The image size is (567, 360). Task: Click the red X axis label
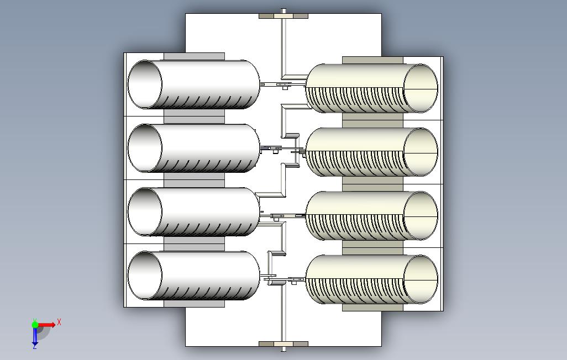pyautogui.click(x=59, y=322)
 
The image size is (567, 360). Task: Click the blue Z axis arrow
pyautogui.click(x=35, y=336)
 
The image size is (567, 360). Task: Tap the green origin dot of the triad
pyautogui.click(x=35, y=325)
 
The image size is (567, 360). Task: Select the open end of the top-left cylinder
pyautogui.click(x=145, y=84)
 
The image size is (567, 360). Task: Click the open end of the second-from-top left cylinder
pyautogui.click(x=145, y=148)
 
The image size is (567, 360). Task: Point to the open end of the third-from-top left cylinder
pyautogui.click(x=145, y=212)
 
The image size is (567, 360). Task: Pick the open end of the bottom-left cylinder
pyautogui.click(x=145, y=276)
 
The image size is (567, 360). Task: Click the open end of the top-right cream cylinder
pyautogui.click(x=421, y=88)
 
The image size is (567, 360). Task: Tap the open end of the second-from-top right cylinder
pyautogui.click(x=421, y=152)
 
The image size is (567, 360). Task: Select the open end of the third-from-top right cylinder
pyautogui.click(x=421, y=216)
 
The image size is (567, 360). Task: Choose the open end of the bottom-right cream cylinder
pyautogui.click(x=421, y=279)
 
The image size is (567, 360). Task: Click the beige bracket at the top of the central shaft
pyautogui.click(x=283, y=16)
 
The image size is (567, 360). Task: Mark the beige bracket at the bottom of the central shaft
pyautogui.click(x=283, y=344)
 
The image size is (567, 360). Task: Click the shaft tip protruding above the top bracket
pyautogui.click(x=283, y=11)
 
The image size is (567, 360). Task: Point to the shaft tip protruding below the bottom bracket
pyautogui.click(x=283, y=349)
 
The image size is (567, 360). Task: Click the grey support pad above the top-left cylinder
pyautogui.click(x=194, y=56)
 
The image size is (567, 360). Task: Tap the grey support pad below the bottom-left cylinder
pyautogui.click(x=194, y=304)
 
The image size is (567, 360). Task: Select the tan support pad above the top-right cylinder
pyautogui.click(x=372, y=60)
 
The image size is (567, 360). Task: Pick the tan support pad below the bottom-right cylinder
pyautogui.click(x=372, y=307)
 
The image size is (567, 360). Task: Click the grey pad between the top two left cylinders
pyautogui.click(x=194, y=117)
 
